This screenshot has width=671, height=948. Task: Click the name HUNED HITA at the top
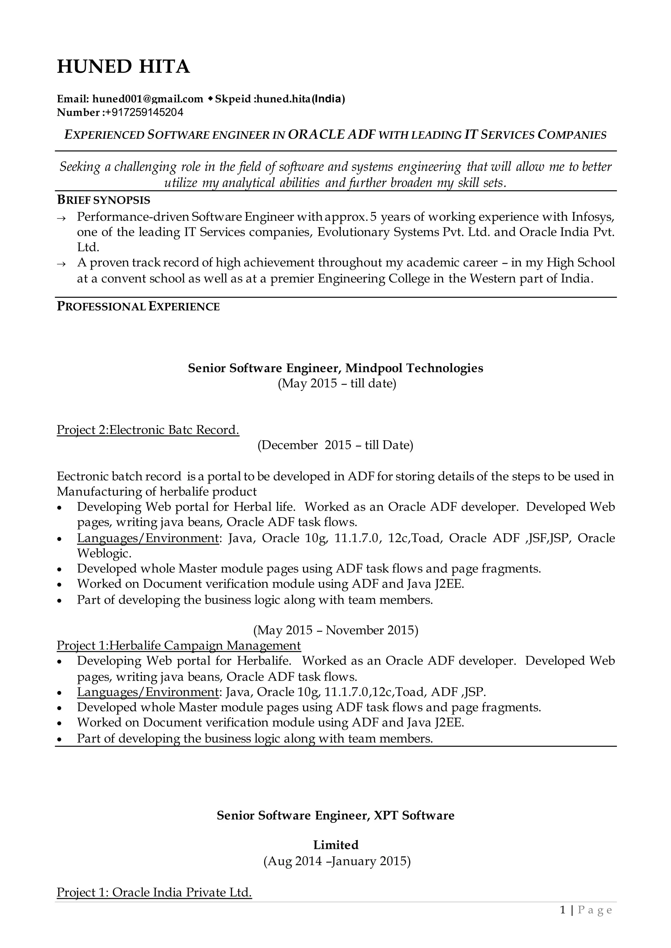[123, 67]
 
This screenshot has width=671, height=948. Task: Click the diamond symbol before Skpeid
[210, 99]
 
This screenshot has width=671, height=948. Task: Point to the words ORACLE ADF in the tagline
[331, 135]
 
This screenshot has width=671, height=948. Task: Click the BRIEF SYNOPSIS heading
[103, 200]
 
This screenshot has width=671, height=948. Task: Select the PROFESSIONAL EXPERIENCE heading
[138, 307]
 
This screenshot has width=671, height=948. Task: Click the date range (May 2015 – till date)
[337, 384]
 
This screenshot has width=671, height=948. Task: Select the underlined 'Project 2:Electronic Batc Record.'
[148, 430]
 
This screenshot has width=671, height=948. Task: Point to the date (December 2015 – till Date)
[335, 445]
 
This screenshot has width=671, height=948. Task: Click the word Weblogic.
[104, 553]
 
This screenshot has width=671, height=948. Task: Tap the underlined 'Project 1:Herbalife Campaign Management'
[179, 645]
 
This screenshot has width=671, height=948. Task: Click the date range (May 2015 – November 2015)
[335, 630]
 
